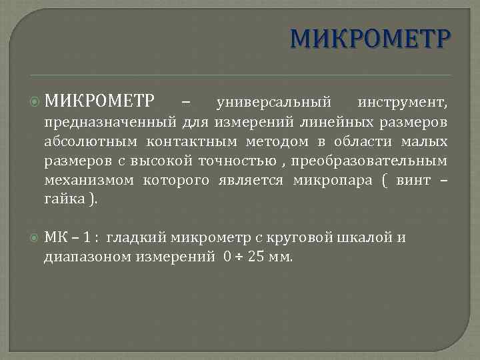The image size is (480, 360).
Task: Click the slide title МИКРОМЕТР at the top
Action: (x=371, y=39)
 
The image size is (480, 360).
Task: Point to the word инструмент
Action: (x=403, y=103)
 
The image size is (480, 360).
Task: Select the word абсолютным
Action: (x=91, y=142)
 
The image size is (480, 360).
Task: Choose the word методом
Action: (x=268, y=142)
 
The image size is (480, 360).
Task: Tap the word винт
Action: (x=413, y=181)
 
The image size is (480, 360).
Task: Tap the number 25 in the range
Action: (x=256, y=257)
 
